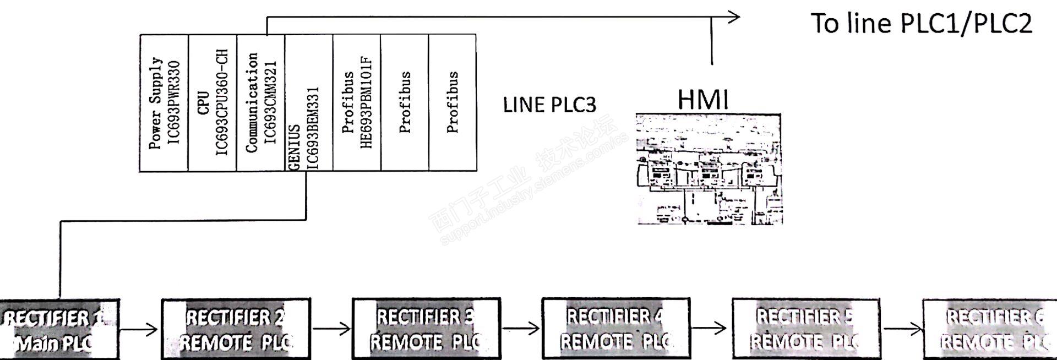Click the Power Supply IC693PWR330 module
[164, 103]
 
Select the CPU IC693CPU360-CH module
[213, 103]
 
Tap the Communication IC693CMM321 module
[261, 103]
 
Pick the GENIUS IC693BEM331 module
[309, 103]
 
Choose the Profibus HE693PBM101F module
[357, 103]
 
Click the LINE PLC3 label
[549, 105]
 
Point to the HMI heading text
[703, 100]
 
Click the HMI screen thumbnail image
[709, 169]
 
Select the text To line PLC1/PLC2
[921, 24]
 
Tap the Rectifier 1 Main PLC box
[59, 330]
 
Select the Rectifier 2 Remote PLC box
[236, 329]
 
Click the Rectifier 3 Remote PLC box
[426, 329]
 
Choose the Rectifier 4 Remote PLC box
[616, 329]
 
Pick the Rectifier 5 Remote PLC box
[805, 329]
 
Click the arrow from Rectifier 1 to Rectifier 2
[139, 330]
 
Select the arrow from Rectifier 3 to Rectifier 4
[521, 329]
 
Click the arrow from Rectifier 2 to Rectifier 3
[331, 330]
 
